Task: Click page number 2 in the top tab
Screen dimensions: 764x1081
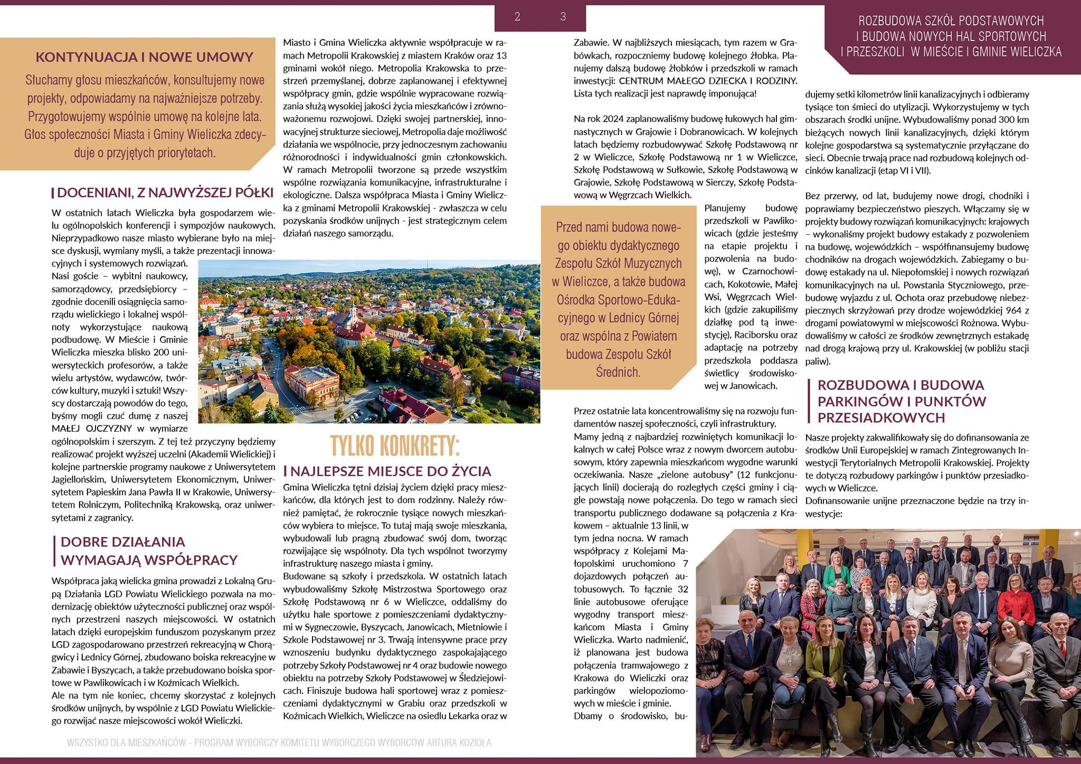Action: click(x=517, y=17)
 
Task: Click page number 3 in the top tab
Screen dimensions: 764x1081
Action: click(x=563, y=17)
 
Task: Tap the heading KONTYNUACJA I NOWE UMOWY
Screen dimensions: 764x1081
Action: click(x=144, y=57)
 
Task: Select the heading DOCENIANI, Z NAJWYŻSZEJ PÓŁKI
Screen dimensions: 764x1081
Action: click(x=165, y=193)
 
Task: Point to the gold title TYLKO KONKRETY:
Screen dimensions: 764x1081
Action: click(x=395, y=446)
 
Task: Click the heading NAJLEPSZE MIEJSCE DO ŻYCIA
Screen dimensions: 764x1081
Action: click(x=391, y=471)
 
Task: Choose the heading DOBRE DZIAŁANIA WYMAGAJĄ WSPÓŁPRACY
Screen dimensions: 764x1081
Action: click(x=149, y=551)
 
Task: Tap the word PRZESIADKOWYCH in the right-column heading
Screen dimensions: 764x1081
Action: click(x=881, y=418)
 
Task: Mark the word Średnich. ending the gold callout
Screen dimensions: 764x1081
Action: click(x=618, y=373)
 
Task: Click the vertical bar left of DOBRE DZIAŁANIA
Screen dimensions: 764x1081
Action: click(x=55, y=551)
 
